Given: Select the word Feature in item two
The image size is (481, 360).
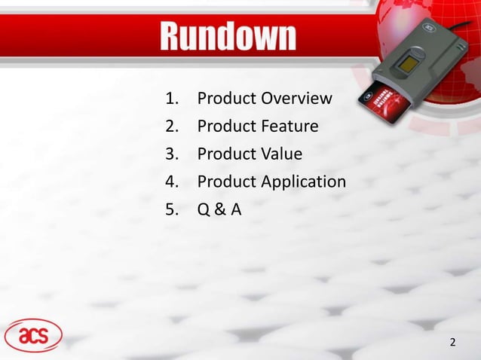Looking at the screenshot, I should (290, 127).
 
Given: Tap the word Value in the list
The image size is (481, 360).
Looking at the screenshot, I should (281, 154).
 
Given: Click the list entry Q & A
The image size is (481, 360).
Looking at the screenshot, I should (219, 209).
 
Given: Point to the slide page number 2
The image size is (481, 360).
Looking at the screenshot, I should (452, 343).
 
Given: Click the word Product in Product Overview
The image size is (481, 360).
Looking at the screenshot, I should (226, 99).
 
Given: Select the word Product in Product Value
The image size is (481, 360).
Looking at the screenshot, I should (226, 154).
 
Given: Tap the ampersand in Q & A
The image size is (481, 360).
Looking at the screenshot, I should (219, 209).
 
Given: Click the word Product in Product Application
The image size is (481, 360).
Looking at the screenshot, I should (226, 182).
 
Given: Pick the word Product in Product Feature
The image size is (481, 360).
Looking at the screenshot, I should (226, 127).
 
